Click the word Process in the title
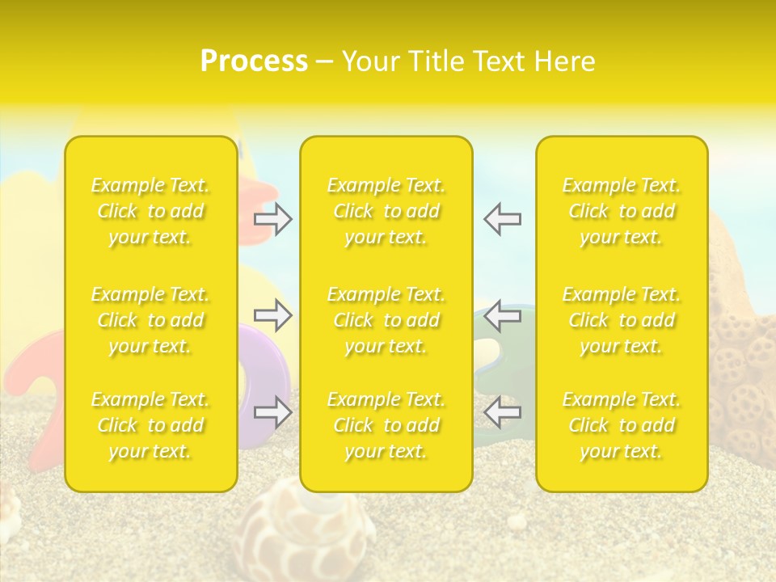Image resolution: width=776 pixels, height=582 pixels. [254, 61]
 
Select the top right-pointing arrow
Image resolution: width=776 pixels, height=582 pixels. [272, 219]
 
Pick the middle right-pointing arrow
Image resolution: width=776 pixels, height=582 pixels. [272, 315]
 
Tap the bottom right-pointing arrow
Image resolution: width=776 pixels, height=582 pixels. [272, 412]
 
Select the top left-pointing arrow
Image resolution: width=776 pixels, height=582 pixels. [503, 219]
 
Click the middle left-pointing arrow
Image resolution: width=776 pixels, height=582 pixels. [503, 315]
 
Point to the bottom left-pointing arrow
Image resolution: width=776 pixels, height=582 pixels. [503, 412]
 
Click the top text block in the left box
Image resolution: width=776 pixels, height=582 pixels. [150, 211]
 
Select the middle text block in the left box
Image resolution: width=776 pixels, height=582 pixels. [150, 320]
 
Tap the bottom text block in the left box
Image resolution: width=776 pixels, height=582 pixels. [150, 425]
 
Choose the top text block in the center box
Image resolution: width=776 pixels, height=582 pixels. [386, 211]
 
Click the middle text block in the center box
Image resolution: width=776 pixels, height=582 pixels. [386, 320]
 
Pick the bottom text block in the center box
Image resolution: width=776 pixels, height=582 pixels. [386, 425]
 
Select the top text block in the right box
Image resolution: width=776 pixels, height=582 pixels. [622, 211]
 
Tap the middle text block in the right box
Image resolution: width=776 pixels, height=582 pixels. [622, 320]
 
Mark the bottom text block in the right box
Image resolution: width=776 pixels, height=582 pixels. [622, 425]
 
